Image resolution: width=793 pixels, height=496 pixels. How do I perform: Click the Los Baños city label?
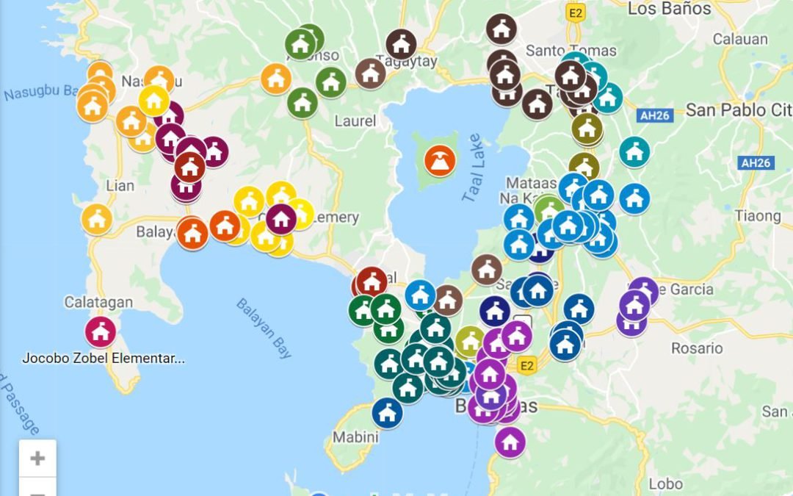pos(669,9)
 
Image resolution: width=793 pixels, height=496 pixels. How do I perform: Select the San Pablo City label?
pos(738,110)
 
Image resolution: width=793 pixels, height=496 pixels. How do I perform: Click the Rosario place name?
pos(698,348)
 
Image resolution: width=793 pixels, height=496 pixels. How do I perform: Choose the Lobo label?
pos(666,484)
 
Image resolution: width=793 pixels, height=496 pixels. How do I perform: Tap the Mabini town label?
pos(355,436)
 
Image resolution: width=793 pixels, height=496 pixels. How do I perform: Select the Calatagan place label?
pos(98,302)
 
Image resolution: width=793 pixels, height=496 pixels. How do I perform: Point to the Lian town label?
pos(120,185)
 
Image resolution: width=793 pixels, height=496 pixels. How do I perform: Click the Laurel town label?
pos(355,121)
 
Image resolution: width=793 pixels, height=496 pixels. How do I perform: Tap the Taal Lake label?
pos(474,168)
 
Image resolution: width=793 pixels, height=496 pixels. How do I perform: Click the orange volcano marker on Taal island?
pos(439,161)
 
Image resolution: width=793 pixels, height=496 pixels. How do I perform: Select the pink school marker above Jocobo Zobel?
pos(101,331)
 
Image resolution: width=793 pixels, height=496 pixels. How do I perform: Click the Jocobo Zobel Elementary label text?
pos(103,359)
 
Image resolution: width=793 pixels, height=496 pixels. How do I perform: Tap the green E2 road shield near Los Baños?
pos(576,12)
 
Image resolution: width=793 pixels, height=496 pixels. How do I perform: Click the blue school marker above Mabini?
pos(387,412)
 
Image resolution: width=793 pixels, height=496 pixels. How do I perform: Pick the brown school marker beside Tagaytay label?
pos(401,45)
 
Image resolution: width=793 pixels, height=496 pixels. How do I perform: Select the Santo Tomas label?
pos(562,51)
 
